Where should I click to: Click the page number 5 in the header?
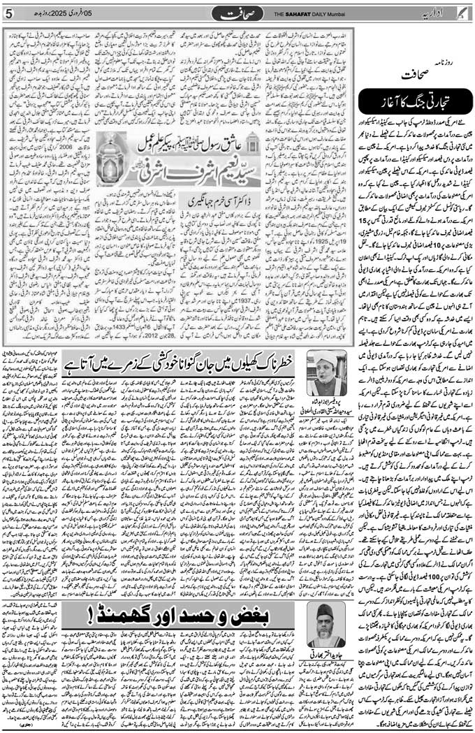point(9,13)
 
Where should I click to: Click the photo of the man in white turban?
point(327,374)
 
